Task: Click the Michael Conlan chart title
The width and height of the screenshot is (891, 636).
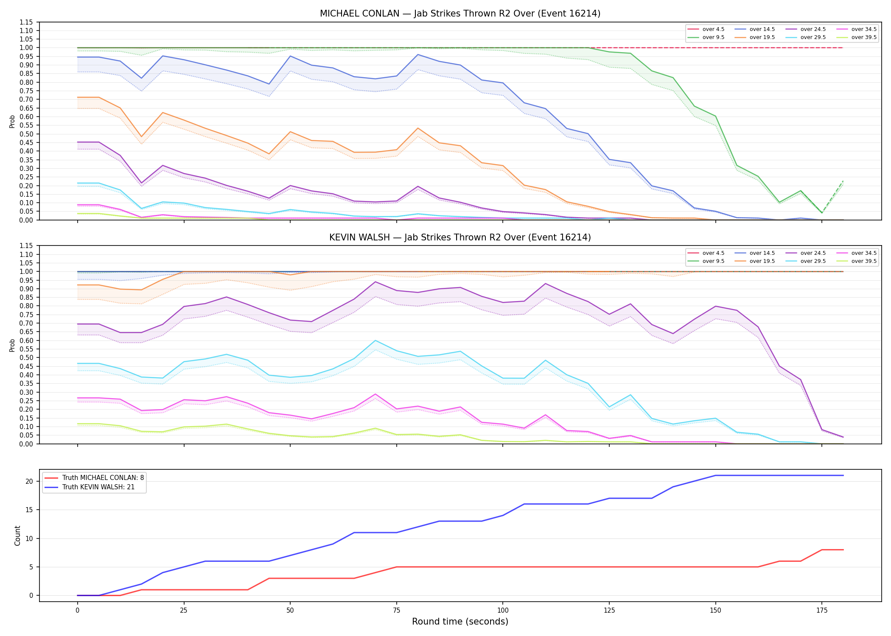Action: [460, 14]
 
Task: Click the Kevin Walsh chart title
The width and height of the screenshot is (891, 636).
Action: [460, 237]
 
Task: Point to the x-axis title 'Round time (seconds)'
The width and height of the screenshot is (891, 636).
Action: [460, 622]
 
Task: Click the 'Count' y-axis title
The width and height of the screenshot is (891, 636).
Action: [17, 536]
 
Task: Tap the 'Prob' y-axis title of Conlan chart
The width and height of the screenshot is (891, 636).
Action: [12, 121]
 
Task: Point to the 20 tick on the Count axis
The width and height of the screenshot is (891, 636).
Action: [29, 481]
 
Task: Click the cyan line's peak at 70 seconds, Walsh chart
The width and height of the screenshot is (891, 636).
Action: [375, 340]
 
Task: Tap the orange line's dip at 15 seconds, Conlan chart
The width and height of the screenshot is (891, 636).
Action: [141, 137]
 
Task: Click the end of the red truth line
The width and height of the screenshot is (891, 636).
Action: [843, 550]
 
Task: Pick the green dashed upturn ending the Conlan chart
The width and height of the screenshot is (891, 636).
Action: [832, 197]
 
